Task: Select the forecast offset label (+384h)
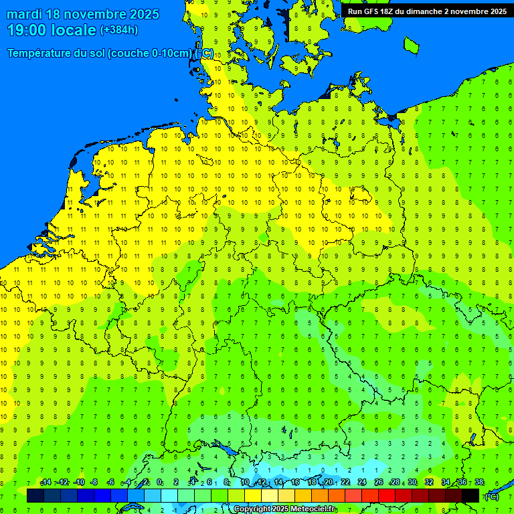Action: pyautogui.click(x=119, y=29)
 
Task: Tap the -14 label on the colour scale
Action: pyautogui.click(x=46, y=483)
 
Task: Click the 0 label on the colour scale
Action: pyautogui.click(x=159, y=483)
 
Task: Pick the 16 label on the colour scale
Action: pyautogui.click(x=295, y=483)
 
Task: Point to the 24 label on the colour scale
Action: pyautogui.click(x=362, y=483)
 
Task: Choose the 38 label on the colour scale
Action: pyautogui.click(x=479, y=483)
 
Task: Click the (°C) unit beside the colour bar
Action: pyautogui.click(x=492, y=496)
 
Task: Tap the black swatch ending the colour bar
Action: pyautogui.click(x=470, y=495)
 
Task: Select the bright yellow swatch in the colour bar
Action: pyautogui.click(x=253, y=495)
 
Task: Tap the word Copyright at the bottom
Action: pyautogui.click(x=252, y=509)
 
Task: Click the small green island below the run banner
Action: pyautogui.click(x=411, y=45)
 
